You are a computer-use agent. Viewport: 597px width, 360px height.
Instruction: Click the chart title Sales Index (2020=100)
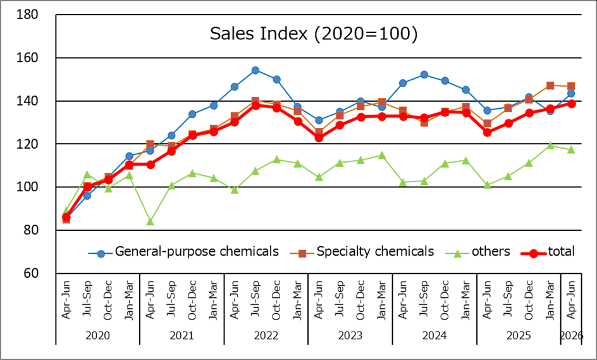click(314, 34)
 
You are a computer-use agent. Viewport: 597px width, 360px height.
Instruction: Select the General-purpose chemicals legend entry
click(183, 252)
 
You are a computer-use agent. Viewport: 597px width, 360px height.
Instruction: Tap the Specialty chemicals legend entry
click(362, 252)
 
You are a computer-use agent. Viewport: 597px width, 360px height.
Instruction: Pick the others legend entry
click(477, 252)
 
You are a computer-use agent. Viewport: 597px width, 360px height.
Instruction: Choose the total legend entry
click(548, 252)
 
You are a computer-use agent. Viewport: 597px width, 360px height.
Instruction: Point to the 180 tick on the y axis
click(27, 15)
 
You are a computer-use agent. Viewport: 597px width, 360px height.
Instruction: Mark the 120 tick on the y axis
click(27, 144)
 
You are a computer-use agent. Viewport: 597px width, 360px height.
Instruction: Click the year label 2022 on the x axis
click(266, 335)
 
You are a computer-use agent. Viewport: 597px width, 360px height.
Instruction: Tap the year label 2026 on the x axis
click(571, 335)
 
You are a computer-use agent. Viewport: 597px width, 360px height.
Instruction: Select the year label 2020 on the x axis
click(98, 335)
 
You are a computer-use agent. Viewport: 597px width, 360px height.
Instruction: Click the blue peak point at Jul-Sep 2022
click(255, 70)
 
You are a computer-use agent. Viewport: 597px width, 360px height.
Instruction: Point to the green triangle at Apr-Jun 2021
click(150, 221)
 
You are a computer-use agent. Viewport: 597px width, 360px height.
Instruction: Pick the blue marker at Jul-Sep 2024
click(424, 75)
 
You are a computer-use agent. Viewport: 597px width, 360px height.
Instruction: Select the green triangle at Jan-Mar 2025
click(550, 146)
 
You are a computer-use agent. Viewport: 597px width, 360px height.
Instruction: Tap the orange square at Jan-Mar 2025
click(550, 85)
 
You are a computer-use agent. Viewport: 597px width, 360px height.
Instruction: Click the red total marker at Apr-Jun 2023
click(319, 137)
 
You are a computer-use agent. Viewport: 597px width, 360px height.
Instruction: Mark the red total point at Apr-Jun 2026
click(572, 104)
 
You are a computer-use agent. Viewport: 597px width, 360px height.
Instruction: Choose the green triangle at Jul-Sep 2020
click(87, 175)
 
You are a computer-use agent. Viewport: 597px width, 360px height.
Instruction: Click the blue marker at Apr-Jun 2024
click(403, 83)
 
